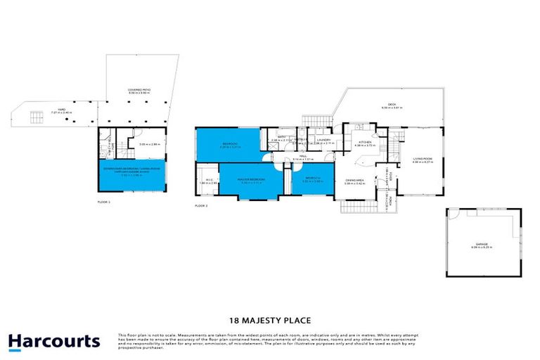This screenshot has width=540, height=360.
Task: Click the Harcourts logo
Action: (54, 342)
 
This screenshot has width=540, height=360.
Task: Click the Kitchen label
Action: (365, 142)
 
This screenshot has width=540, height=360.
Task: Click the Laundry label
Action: (324, 139)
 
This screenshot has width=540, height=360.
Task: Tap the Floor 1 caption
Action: (104, 201)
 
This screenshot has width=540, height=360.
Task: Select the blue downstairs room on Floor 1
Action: (134, 176)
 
